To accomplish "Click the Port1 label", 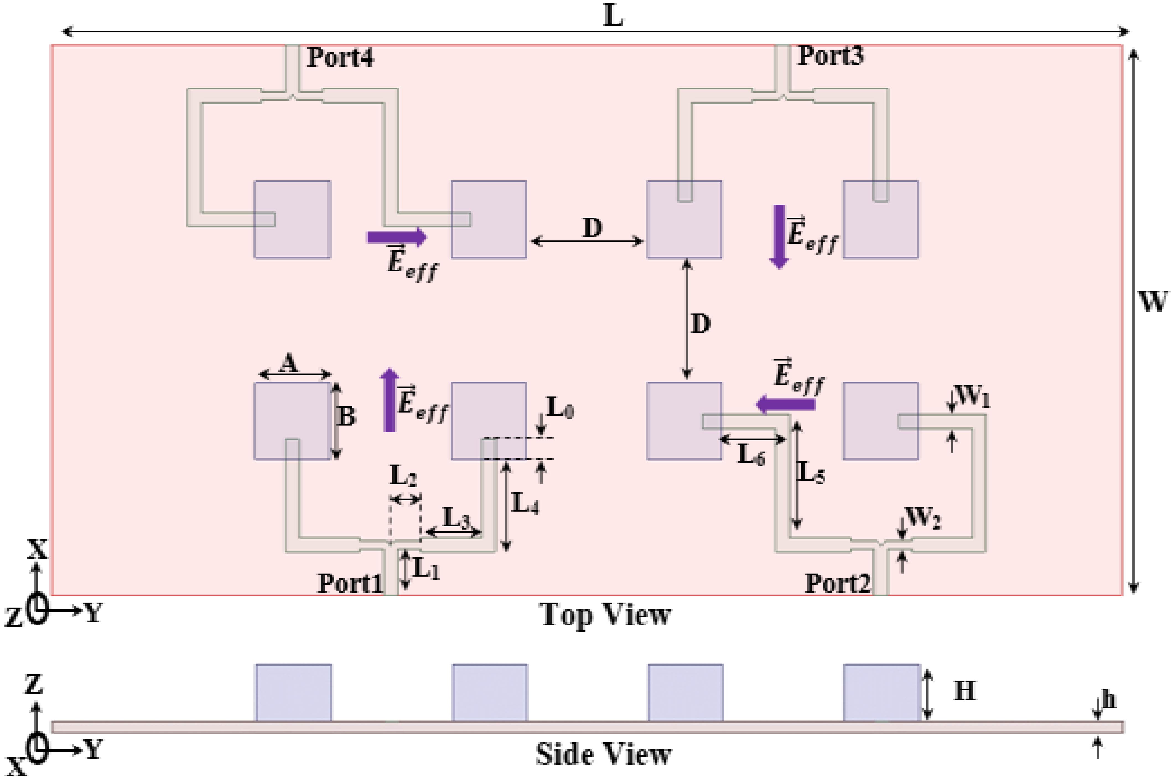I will pyautogui.click(x=349, y=583).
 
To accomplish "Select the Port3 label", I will pyautogui.click(x=830, y=55).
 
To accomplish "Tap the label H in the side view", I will pyautogui.click(x=964, y=691).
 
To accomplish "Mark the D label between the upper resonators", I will pyautogui.click(x=592, y=228).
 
